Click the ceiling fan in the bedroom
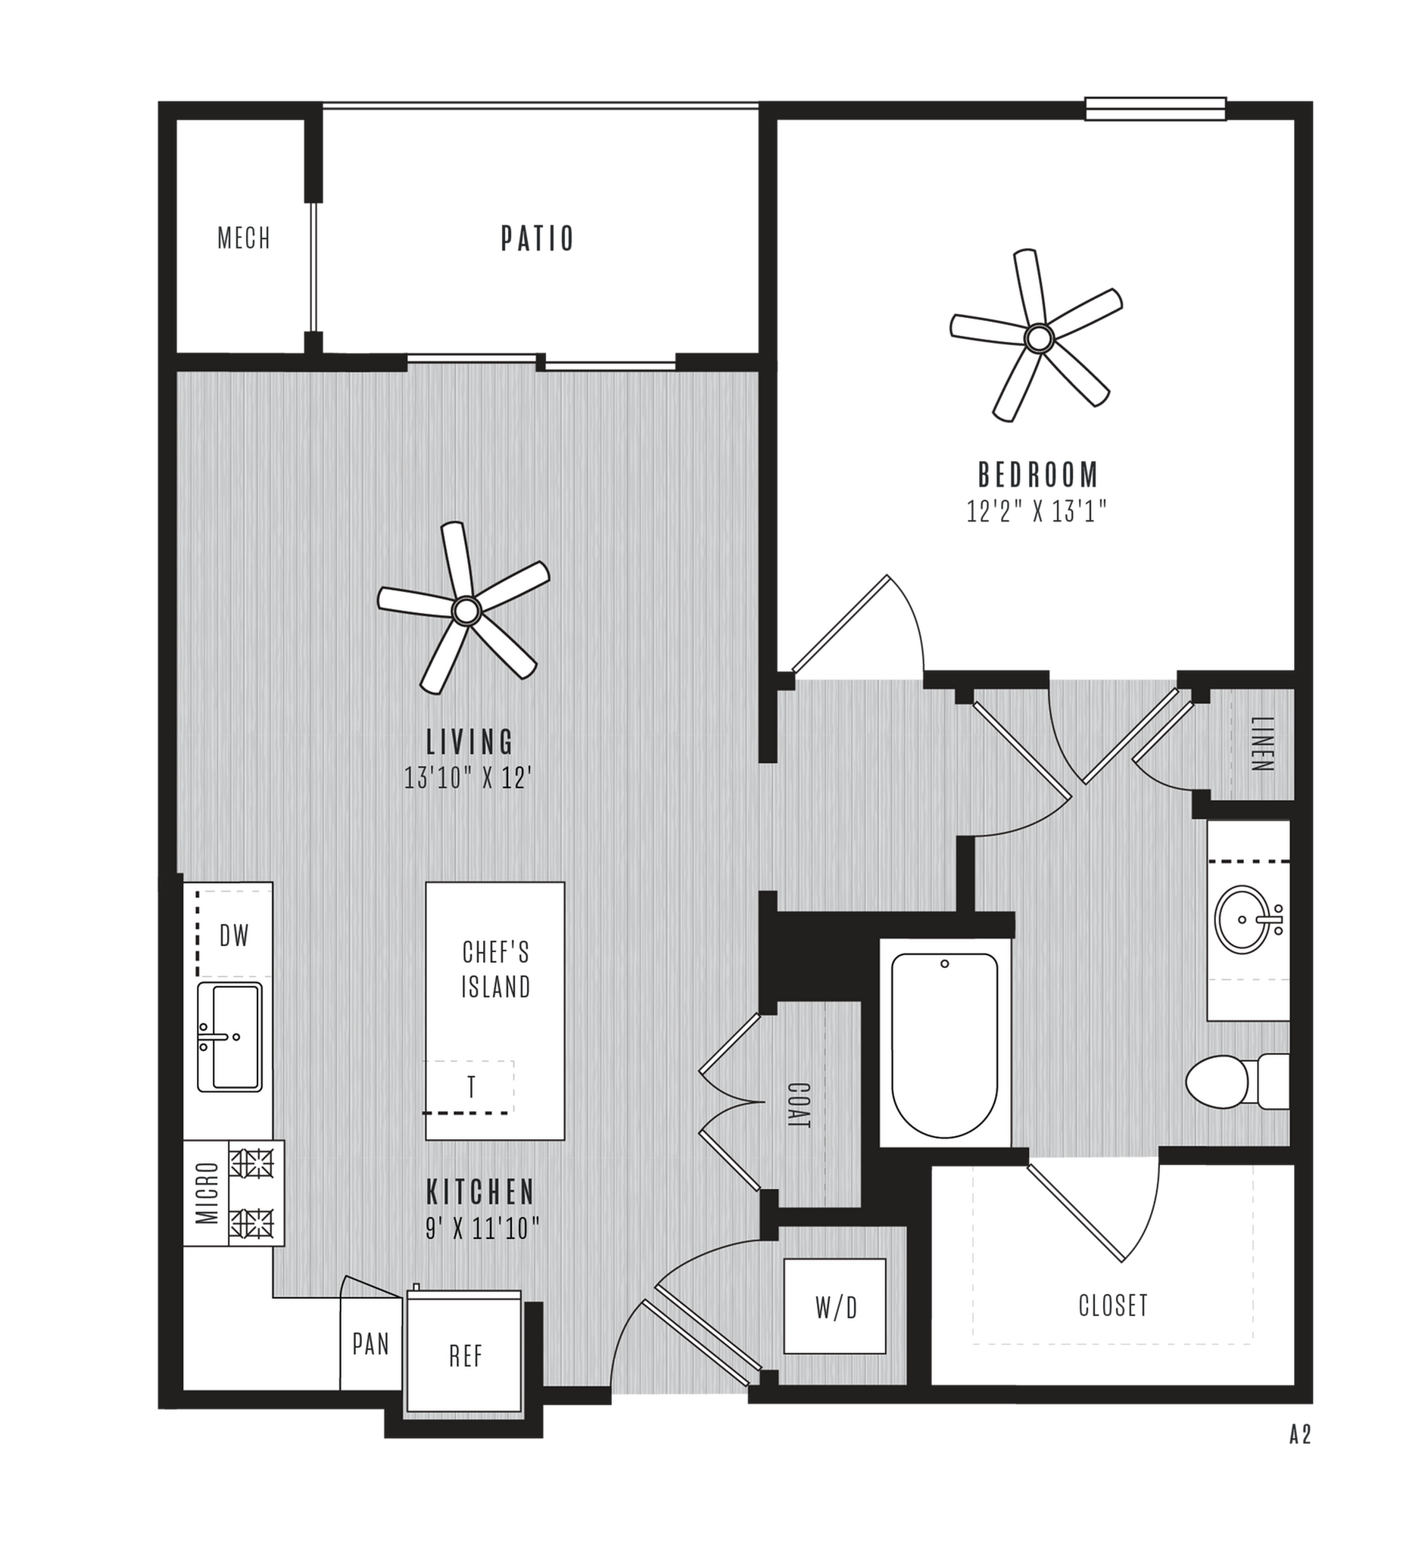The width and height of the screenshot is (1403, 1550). point(1039,337)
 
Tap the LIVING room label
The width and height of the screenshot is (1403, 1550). point(470,742)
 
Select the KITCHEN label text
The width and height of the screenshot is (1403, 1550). point(481,1192)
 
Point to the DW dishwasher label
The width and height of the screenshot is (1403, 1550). point(235,935)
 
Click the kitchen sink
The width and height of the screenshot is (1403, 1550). point(229,1036)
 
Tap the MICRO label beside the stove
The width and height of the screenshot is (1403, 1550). point(206,1193)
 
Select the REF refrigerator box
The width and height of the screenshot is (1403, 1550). point(466,1356)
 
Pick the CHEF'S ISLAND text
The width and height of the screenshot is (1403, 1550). point(495,970)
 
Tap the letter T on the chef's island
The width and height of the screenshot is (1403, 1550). point(471,1087)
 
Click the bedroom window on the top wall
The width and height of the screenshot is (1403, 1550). point(1155,108)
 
